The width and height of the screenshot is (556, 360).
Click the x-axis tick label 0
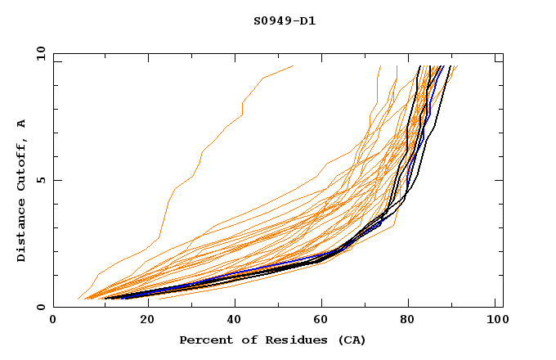click(53, 322)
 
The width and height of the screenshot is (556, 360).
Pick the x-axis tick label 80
click(408, 322)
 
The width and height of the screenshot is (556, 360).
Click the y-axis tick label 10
click(39, 53)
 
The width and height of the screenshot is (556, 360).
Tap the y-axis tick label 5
click(43, 180)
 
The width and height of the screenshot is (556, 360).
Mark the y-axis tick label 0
click(43, 307)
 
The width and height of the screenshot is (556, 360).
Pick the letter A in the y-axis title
click(22, 124)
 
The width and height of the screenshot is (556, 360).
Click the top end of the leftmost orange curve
click(293, 66)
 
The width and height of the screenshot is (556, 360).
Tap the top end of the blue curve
click(442, 66)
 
